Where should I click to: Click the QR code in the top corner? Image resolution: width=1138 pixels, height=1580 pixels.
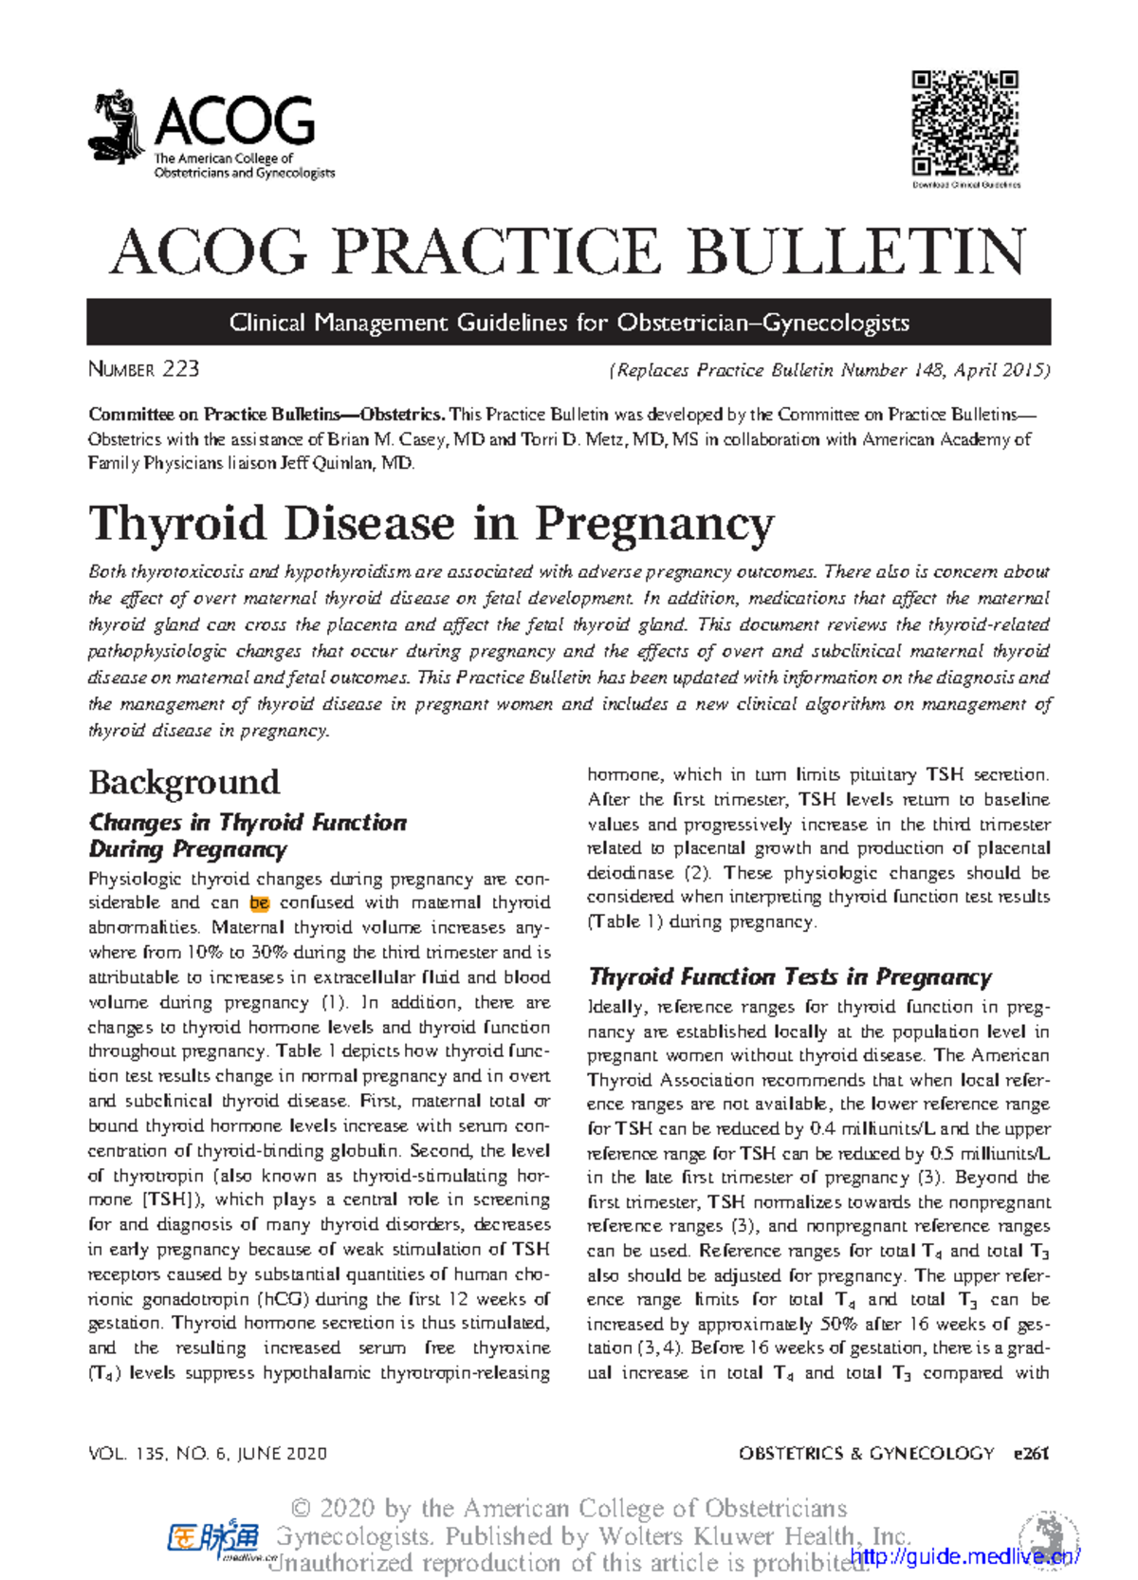[965, 122]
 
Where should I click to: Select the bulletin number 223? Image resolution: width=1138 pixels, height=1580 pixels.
[180, 369]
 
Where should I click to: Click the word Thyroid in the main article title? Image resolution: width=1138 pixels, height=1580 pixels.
[175, 523]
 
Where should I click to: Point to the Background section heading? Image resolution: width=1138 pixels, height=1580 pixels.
[184, 782]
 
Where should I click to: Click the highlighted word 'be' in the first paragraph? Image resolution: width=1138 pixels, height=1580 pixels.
[259, 902]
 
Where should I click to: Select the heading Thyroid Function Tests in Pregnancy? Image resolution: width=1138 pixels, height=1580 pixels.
[789, 976]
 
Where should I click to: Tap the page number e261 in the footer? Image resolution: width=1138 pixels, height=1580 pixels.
[1030, 1453]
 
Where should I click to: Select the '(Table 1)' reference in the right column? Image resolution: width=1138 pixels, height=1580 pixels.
[625, 921]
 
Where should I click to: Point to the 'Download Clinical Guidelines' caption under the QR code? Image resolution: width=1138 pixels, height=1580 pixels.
[965, 185]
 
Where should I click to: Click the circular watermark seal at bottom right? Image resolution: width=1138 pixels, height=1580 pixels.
[1049, 1536]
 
